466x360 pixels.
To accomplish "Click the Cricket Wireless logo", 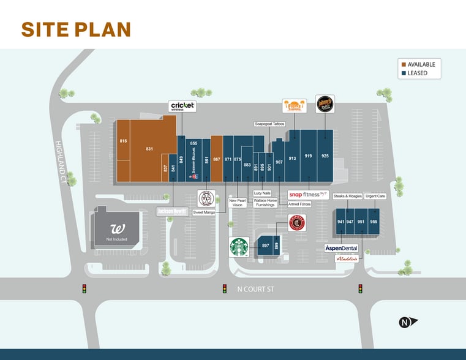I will coord(182,106).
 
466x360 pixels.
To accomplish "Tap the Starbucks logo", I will coord(239,247).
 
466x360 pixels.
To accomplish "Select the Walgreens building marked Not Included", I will coord(116,230).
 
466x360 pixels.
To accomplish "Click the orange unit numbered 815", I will coord(123,141).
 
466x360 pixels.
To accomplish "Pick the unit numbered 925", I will coord(325,156).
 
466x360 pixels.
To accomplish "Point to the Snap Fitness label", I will coord(308,195).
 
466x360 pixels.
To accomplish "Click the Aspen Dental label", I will coord(341,248).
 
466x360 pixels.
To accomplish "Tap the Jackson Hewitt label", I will coord(171,211).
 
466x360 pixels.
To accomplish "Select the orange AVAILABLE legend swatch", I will coord(404,64).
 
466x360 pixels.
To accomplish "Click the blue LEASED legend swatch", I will coord(404,73).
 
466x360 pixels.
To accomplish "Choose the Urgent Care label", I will coord(375,196).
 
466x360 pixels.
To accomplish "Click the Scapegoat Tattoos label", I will coord(270,124).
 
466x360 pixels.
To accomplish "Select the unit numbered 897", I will coord(265,246).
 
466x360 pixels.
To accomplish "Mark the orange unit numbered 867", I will coord(216,159).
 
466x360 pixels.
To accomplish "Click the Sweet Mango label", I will coord(204,212).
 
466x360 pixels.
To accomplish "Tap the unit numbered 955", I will coord(374,222).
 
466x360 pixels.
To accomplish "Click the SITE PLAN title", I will coord(76,29).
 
